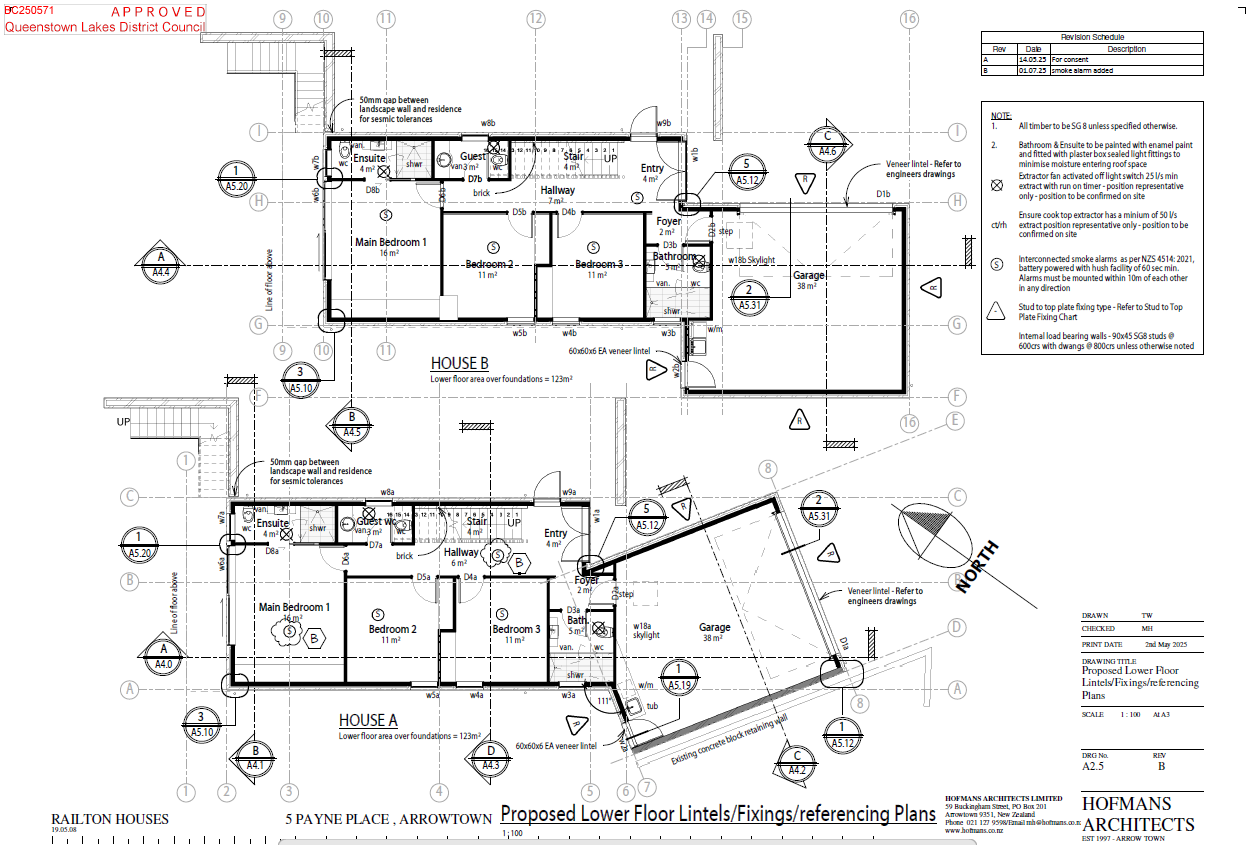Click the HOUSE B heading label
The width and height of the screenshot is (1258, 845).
point(459,363)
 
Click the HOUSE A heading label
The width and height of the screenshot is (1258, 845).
point(368,720)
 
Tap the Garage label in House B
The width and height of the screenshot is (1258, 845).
point(809,275)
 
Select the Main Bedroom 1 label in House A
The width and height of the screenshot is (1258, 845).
point(293,607)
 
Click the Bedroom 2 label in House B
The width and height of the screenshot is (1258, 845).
point(489,264)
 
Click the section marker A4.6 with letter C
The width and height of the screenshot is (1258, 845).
point(827,144)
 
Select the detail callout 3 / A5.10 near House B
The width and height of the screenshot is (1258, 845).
point(301,379)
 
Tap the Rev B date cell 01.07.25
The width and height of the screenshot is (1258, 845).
point(1031,71)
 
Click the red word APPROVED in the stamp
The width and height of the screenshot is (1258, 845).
point(158,12)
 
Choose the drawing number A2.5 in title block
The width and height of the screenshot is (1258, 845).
point(1093,767)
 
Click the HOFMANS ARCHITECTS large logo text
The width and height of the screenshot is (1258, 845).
point(1137,814)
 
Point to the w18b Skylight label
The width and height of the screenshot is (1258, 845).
point(751,260)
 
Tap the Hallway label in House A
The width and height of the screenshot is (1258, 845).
point(462,552)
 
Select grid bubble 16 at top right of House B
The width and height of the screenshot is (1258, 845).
point(908,18)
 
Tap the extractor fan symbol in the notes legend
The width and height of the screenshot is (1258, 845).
point(996,186)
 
